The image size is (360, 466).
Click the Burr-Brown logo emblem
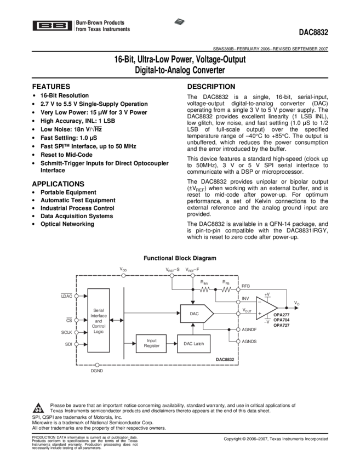point(53,25)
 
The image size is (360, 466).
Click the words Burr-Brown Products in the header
point(100,22)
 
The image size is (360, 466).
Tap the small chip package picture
point(180,21)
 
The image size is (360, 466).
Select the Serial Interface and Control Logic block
point(99,320)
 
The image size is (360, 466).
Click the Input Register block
point(151,344)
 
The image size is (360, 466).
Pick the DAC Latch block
point(193,344)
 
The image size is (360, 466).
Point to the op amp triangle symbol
point(267,308)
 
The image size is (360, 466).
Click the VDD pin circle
point(123,275)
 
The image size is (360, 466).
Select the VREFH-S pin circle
point(172,275)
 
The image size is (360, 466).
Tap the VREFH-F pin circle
point(192,275)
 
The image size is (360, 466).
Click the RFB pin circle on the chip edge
point(238,289)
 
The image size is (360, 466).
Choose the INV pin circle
point(238,302)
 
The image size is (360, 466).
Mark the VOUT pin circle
point(238,314)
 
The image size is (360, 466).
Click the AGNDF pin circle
point(238,329)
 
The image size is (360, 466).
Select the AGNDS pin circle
point(238,341)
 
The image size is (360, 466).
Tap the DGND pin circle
point(97,365)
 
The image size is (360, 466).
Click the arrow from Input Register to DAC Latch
point(172,344)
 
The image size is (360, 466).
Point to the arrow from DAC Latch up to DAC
point(192,328)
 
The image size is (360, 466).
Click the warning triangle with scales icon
point(38,408)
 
